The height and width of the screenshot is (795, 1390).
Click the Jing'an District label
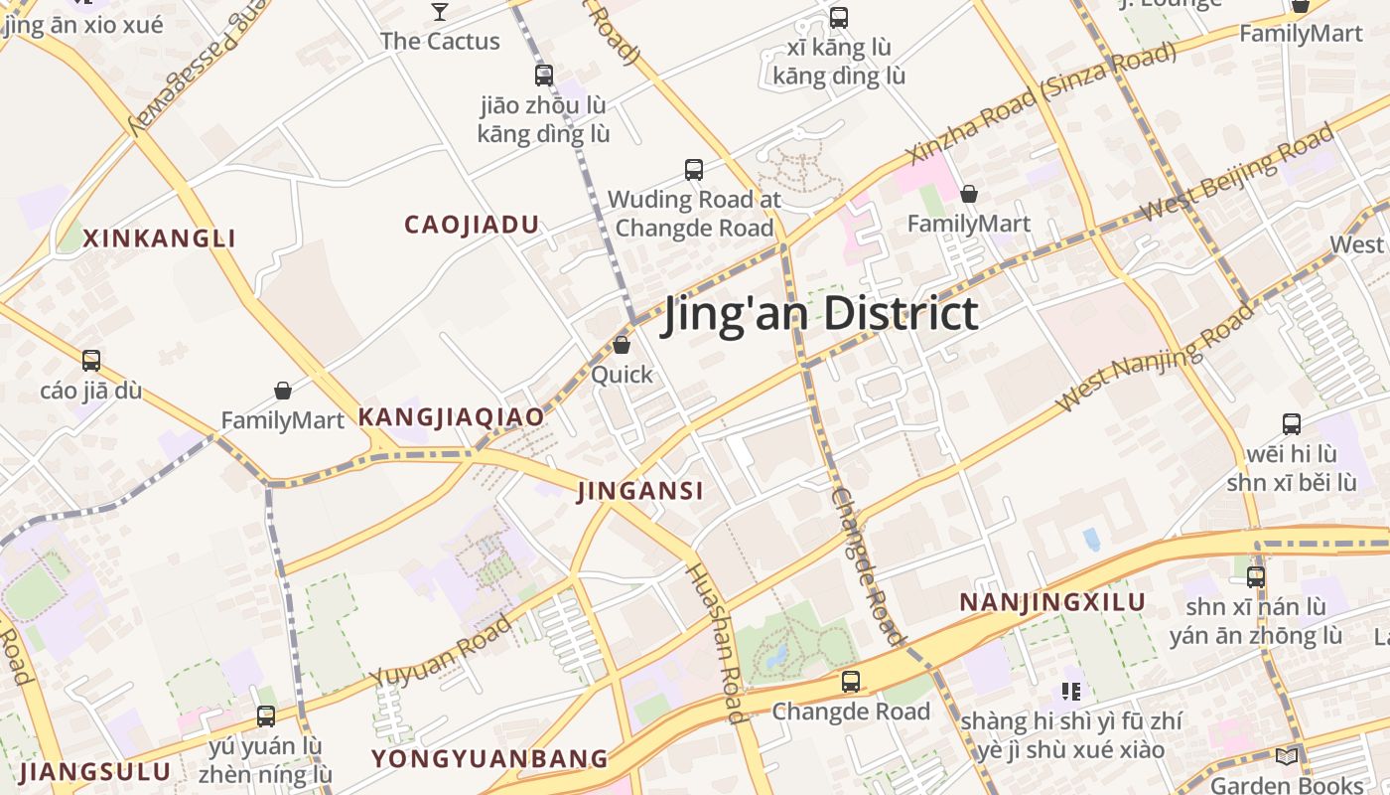(x=821, y=314)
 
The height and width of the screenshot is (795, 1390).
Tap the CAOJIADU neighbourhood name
(x=472, y=225)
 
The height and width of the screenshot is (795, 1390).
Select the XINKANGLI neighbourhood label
(x=159, y=238)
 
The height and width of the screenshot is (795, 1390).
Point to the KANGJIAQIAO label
(x=451, y=417)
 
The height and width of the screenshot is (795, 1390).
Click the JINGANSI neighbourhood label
(x=640, y=490)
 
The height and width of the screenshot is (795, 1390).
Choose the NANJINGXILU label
(x=1052, y=602)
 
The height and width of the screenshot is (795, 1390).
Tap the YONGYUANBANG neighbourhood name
(x=489, y=759)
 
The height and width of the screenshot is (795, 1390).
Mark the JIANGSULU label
(x=95, y=772)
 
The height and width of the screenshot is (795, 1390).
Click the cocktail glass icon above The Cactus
(x=440, y=12)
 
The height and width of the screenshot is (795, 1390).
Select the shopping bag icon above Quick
(x=622, y=345)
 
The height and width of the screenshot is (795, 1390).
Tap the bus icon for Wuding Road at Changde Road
(x=694, y=170)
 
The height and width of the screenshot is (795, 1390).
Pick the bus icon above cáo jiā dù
(x=91, y=361)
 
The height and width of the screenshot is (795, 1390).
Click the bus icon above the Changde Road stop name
(x=851, y=682)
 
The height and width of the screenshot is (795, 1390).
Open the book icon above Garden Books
(x=1287, y=757)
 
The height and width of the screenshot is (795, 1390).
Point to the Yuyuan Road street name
(x=442, y=651)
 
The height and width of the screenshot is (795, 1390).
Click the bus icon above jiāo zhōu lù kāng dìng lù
(x=544, y=76)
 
